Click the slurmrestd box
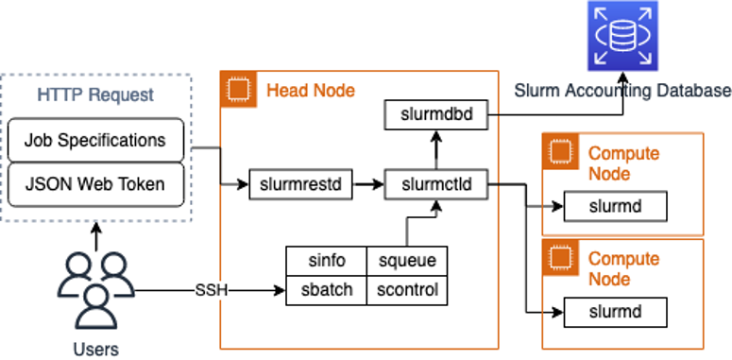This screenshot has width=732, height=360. (x=299, y=184)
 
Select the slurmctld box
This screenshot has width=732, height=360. (x=434, y=184)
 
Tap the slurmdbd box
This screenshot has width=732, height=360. (x=434, y=116)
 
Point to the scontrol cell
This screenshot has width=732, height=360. (x=407, y=289)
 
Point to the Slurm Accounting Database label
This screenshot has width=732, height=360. (x=622, y=91)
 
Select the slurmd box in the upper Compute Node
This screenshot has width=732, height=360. (x=615, y=205)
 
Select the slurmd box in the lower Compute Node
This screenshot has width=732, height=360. (x=615, y=311)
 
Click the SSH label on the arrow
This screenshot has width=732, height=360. (x=212, y=289)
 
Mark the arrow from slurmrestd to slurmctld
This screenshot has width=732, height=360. (x=368, y=184)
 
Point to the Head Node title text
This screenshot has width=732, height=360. (x=311, y=91)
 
